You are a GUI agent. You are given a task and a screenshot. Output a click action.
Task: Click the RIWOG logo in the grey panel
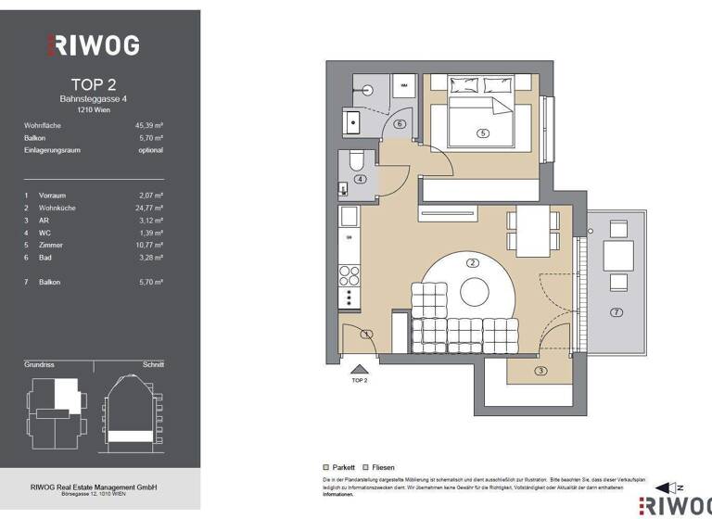(94, 44)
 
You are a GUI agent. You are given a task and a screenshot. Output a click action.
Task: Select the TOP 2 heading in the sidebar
(94, 83)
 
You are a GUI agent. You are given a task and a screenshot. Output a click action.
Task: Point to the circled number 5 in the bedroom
(482, 133)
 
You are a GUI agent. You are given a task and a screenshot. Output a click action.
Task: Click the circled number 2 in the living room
(473, 262)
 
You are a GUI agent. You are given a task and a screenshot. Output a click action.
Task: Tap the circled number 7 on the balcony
(617, 312)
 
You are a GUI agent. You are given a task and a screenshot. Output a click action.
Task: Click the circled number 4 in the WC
(361, 179)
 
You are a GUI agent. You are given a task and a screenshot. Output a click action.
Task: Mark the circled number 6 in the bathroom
(400, 123)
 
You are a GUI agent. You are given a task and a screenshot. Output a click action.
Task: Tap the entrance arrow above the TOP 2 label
(359, 368)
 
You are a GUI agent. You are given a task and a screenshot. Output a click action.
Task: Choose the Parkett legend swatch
(325, 467)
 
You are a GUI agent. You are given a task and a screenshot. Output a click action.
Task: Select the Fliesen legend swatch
(366, 467)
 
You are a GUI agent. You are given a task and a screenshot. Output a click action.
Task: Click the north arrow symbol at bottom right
(664, 487)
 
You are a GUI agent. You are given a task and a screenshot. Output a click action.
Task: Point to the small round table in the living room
(474, 292)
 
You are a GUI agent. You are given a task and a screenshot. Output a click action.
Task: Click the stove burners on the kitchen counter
(350, 275)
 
